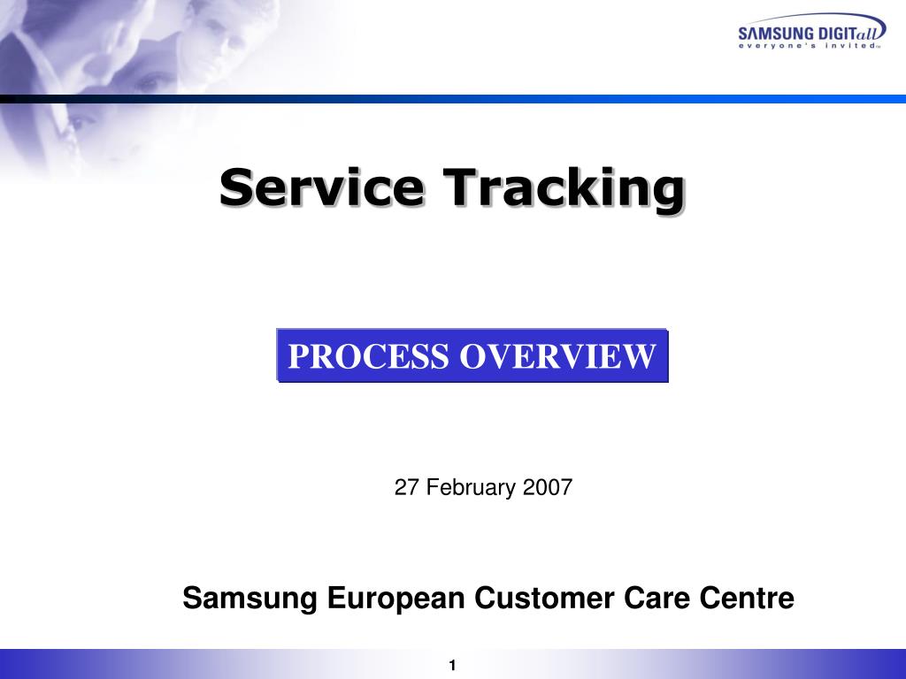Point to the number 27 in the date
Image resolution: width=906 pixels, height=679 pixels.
click(x=406, y=487)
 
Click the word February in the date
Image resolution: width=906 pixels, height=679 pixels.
click(x=470, y=487)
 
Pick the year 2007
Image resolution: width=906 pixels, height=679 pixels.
click(x=548, y=487)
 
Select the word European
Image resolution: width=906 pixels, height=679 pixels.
click(x=395, y=599)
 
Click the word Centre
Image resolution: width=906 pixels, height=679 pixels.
click(x=747, y=599)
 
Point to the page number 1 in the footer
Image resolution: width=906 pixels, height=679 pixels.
click(x=452, y=666)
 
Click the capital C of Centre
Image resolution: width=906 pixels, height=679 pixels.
click(x=710, y=599)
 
